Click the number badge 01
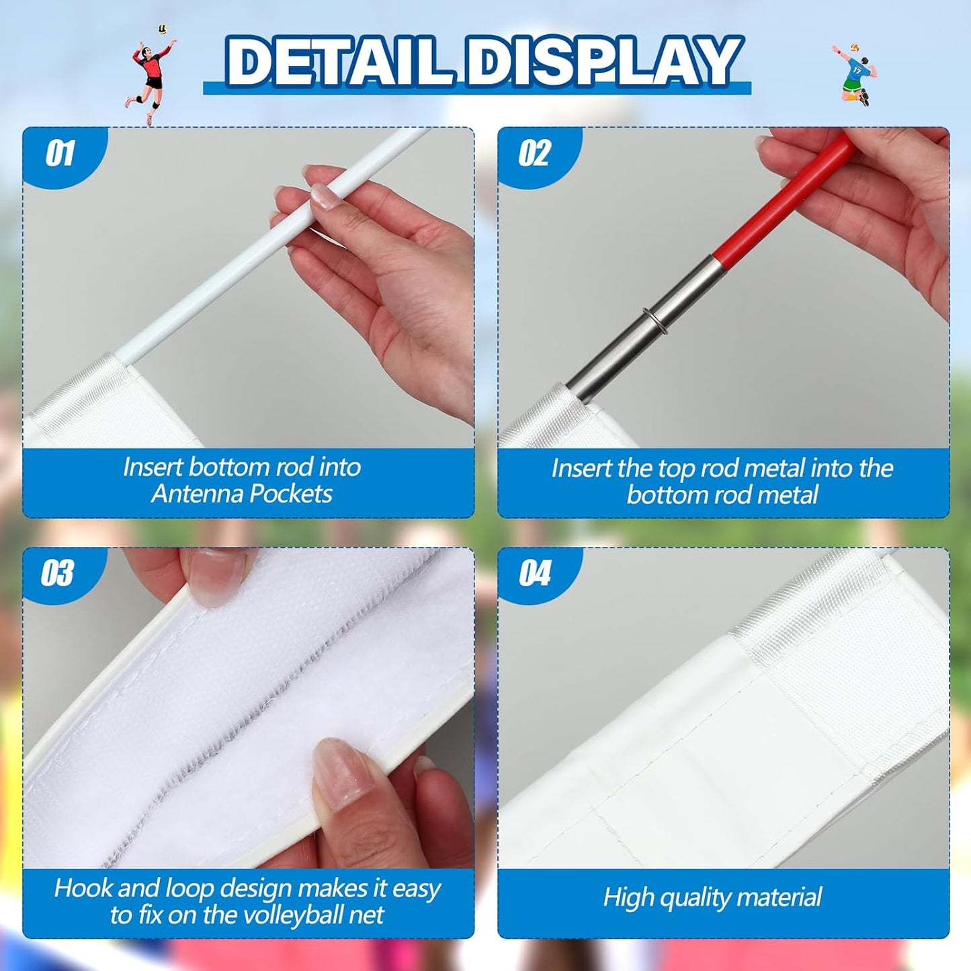coord(60,154)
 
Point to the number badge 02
coord(535,154)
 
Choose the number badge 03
coord(58,574)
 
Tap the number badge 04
coord(535,574)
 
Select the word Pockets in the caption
coord(295,494)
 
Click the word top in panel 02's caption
coord(678,468)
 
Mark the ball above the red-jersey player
coord(162,30)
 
